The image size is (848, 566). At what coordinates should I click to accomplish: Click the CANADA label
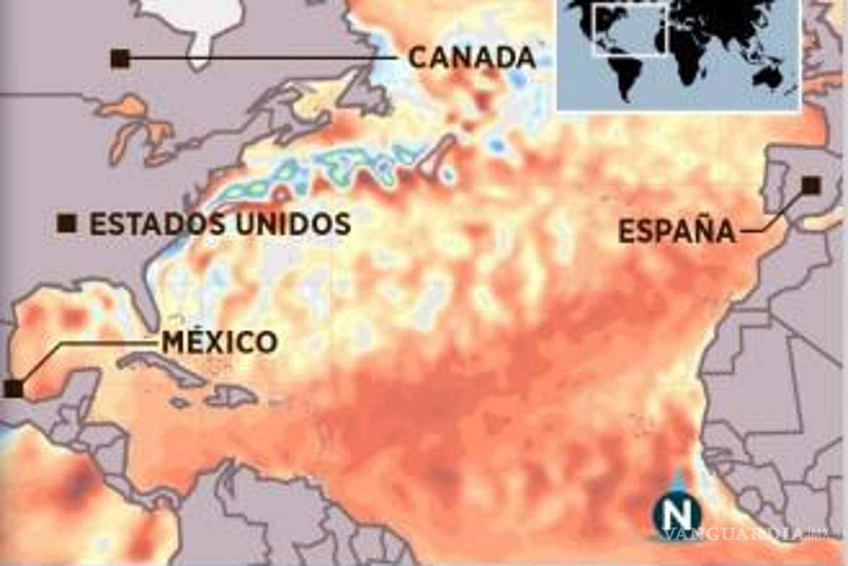(x=471, y=58)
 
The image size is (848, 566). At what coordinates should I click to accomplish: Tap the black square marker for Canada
(x=120, y=59)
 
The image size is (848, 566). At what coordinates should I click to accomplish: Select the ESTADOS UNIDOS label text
(x=220, y=224)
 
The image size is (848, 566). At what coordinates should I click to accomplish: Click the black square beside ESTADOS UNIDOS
(x=67, y=224)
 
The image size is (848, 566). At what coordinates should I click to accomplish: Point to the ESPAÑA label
(x=676, y=231)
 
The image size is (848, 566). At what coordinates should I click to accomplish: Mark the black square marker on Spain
(x=811, y=185)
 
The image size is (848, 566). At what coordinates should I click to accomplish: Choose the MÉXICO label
(x=219, y=342)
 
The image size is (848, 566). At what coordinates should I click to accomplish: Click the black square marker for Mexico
(x=13, y=388)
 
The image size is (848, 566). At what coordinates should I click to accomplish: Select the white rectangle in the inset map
(x=630, y=28)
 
